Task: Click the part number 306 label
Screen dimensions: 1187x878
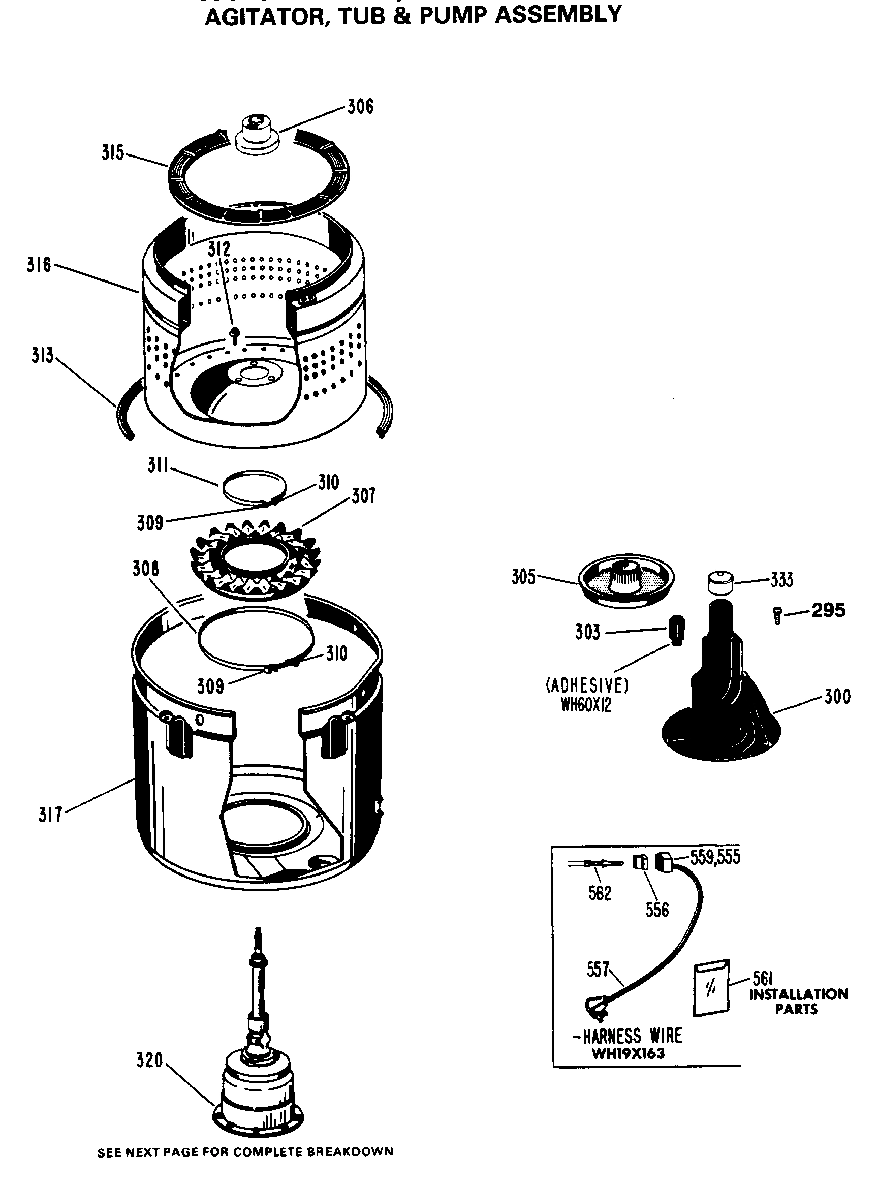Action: pos(360,107)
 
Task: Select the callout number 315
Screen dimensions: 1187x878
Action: pos(113,153)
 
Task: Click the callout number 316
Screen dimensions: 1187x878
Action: pos(39,265)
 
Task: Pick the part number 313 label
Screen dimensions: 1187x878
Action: pos(42,355)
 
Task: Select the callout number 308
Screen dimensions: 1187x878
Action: pos(146,569)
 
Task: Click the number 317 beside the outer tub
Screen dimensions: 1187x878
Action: pos(50,815)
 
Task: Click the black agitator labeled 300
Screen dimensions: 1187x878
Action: pos(722,707)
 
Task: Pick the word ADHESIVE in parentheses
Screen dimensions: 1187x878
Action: pos(587,686)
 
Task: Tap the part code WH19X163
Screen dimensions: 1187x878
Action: pos(628,1053)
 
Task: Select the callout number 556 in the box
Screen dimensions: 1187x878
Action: pos(656,910)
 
